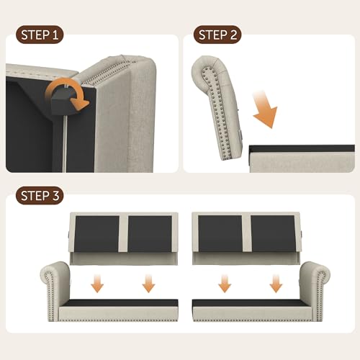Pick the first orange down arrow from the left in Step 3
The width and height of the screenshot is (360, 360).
(96, 284)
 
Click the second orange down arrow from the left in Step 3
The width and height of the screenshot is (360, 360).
(148, 284)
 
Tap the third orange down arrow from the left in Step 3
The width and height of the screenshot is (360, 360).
(225, 284)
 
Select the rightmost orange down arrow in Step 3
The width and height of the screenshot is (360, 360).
(276, 284)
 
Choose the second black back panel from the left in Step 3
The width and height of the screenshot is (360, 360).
(148, 234)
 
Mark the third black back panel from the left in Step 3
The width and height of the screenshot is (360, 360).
(223, 234)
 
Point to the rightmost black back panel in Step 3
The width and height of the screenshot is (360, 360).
(274, 234)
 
